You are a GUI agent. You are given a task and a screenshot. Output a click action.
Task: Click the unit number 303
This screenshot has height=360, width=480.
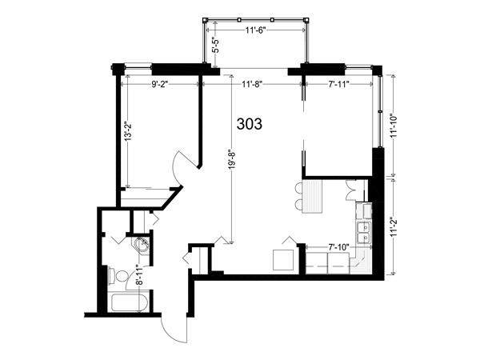[250, 124]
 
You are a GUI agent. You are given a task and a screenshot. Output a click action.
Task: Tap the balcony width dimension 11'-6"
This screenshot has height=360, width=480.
[255, 30]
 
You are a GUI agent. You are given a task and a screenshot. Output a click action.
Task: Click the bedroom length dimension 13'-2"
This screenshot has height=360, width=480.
[128, 132]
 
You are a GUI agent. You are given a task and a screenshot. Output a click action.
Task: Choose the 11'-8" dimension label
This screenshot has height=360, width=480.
[252, 84]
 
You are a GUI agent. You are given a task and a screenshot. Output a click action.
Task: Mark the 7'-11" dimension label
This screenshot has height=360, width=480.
[339, 84]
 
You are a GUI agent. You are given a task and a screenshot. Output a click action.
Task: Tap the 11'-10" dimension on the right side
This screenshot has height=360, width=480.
[394, 126]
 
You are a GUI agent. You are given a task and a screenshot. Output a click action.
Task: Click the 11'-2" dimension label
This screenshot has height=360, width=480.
[394, 226]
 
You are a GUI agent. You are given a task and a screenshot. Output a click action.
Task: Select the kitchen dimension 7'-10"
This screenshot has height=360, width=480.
[338, 247]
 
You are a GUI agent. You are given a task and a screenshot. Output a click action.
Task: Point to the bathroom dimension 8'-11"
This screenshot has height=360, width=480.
[139, 275]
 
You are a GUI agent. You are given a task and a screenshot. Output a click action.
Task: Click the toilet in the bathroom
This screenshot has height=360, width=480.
[118, 275]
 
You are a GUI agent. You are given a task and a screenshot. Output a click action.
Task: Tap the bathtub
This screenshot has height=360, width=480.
[130, 302]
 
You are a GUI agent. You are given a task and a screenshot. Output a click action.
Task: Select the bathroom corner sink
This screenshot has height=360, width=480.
[141, 245]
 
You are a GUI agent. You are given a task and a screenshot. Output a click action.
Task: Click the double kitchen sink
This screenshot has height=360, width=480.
[364, 232]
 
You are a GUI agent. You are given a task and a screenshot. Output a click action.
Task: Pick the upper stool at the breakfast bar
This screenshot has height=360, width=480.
[298, 187]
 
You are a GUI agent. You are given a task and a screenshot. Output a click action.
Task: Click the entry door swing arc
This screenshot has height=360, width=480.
[171, 330]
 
